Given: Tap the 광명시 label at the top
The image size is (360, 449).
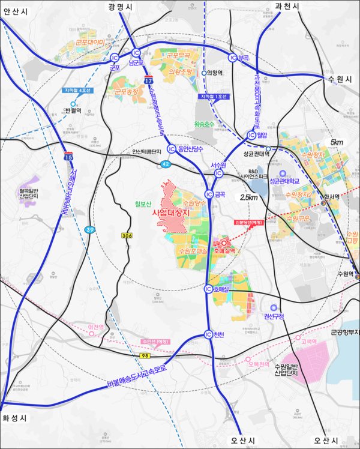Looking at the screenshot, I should [x=121, y=5].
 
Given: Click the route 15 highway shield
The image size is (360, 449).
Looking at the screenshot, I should [x=70, y=157].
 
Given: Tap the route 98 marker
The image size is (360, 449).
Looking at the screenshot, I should [x=145, y=357].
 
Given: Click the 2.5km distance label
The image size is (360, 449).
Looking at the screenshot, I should [x=249, y=196].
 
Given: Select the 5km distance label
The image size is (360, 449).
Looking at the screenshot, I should [x=337, y=142].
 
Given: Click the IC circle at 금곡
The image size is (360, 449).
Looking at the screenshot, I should [x=209, y=194].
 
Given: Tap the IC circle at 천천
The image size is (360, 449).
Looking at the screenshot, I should [x=208, y=335].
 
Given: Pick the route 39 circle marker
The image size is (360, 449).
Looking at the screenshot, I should [x=89, y=229].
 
